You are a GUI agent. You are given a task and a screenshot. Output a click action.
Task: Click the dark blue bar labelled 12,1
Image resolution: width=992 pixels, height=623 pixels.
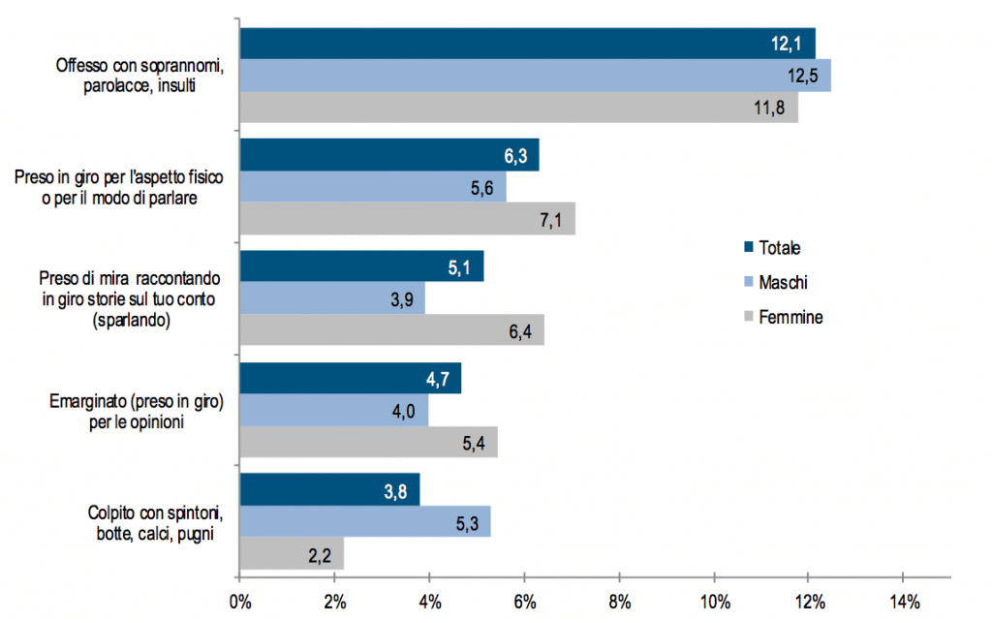click(528, 44)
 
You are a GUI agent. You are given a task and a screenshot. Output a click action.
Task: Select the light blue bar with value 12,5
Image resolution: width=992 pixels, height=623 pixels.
click(536, 76)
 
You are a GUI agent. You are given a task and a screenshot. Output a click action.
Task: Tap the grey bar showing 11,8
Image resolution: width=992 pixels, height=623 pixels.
click(519, 108)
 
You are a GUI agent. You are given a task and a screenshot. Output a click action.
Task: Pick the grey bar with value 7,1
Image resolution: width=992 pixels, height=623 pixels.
click(408, 219)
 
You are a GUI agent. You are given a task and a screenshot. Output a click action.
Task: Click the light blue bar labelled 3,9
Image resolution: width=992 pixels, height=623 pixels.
click(332, 297)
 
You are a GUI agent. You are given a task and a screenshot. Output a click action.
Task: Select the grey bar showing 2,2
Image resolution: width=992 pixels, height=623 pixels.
click(292, 553)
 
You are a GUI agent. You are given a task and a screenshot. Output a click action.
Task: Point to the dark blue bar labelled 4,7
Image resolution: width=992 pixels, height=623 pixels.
click(351, 378)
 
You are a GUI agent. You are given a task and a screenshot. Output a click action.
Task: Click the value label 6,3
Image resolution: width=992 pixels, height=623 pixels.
click(515, 156)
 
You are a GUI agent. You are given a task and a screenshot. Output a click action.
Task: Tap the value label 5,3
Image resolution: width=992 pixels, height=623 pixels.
click(468, 524)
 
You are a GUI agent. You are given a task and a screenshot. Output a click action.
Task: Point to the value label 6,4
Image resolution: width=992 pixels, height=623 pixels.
click(520, 331)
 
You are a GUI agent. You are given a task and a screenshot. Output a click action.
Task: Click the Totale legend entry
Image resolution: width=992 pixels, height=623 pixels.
click(772, 248)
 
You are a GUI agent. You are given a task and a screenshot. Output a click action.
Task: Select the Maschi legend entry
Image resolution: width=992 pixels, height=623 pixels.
click(776, 282)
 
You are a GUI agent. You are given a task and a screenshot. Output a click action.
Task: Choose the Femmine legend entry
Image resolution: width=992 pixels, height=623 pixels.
click(784, 317)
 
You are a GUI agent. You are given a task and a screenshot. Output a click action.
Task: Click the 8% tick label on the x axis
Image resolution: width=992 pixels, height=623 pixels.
click(620, 602)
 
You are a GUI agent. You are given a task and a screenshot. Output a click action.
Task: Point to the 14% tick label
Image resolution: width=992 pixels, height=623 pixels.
click(905, 602)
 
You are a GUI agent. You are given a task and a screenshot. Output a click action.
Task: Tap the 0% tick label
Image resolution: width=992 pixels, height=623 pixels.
click(240, 602)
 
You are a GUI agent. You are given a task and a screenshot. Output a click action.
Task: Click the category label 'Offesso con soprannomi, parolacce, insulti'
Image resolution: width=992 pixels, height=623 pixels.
click(139, 76)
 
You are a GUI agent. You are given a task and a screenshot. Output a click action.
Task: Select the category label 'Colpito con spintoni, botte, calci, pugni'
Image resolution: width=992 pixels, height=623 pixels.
click(155, 523)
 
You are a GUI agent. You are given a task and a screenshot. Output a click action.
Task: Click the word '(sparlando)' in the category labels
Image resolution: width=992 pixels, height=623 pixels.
click(132, 320)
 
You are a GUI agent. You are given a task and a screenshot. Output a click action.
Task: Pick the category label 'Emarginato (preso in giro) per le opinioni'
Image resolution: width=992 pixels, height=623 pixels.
click(137, 412)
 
